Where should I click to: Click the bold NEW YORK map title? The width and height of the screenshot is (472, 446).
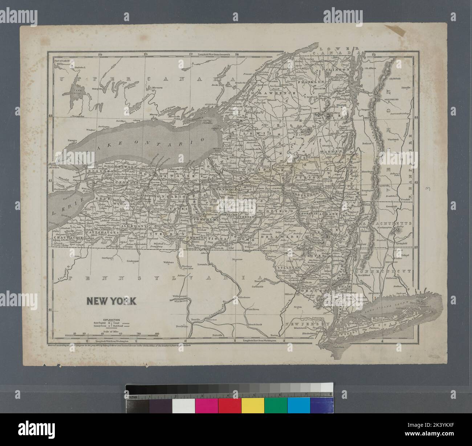(111, 301)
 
